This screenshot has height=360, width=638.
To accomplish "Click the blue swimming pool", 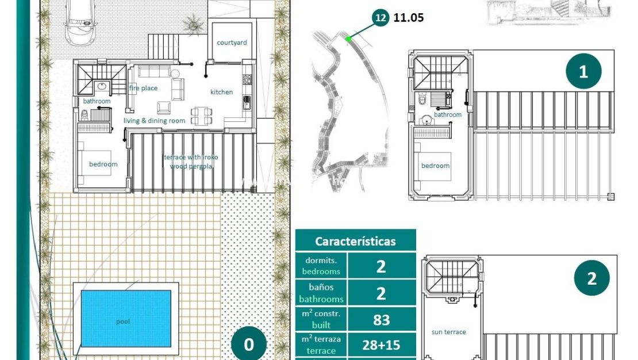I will (x=126, y=318).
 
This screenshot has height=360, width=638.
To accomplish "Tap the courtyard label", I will (x=232, y=43).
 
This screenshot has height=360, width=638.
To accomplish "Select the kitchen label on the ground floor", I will (x=222, y=92).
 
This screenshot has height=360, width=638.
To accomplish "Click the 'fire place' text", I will (x=143, y=88).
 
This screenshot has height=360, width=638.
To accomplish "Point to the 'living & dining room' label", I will (x=155, y=121).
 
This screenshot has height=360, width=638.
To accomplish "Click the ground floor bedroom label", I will (x=103, y=164).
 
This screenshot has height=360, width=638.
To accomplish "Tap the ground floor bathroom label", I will (x=97, y=101).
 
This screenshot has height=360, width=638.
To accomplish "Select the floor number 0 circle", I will (x=249, y=344).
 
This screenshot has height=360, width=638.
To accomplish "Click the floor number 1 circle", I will (x=583, y=72).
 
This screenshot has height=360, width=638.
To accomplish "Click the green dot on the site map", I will (x=348, y=39).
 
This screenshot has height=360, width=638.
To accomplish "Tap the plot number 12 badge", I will (x=380, y=18).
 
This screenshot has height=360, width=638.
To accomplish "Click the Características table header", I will (x=355, y=241).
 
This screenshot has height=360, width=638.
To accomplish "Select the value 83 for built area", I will (x=381, y=320).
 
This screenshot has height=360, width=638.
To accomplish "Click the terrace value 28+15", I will (x=381, y=346).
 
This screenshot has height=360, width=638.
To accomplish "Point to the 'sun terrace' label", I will (x=448, y=332).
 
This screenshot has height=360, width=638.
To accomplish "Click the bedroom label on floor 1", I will (x=435, y=166).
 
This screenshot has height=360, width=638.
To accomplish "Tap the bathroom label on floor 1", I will (x=448, y=114).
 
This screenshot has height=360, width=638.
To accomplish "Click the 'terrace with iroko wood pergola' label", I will (x=191, y=162).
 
